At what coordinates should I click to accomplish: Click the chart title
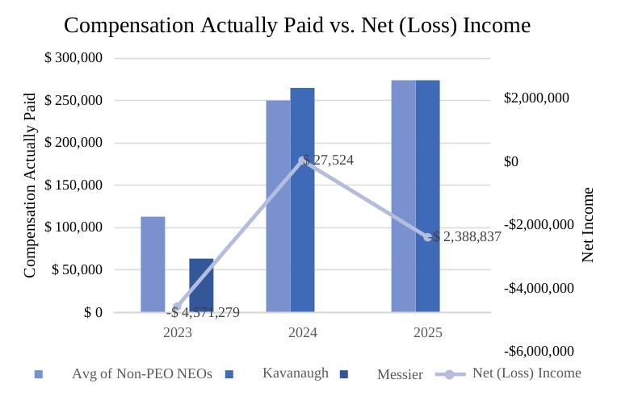click(297, 25)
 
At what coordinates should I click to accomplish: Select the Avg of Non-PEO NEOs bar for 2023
click(153, 264)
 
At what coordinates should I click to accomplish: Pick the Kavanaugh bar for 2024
click(302, 199)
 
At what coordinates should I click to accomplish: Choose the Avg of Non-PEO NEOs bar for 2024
click(278, 206)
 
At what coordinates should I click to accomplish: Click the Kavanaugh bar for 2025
click(428, 195)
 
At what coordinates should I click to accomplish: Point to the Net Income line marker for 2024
click(303, 160)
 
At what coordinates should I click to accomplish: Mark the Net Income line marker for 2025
click(428, 236)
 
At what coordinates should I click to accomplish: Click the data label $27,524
click(329, 160)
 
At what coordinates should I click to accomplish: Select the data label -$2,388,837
click(467, 237)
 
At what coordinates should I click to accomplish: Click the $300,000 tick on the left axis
click(73, 59)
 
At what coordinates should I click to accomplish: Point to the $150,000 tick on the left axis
click(73, 185)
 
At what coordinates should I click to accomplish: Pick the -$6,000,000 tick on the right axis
click(539, 351)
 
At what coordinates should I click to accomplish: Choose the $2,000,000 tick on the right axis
click(536, 98)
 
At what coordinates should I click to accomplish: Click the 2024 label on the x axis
click(303, 331)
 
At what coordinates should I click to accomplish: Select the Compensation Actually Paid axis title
click(30, 185)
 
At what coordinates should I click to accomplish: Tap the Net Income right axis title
click(588, 224)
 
